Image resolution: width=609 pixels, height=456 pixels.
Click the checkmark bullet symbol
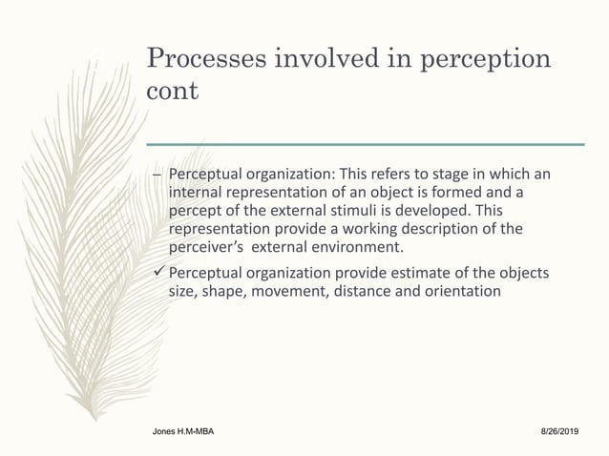click(x=159, y=275)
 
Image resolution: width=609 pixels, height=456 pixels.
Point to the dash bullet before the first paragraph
click(x=157, y=176)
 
